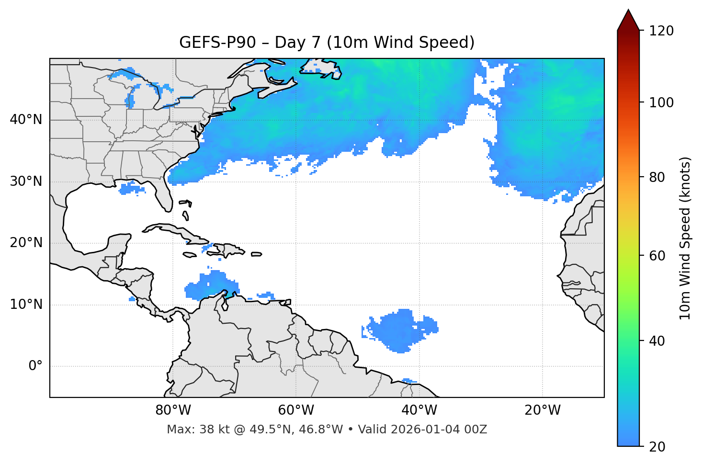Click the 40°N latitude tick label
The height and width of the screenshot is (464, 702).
click(26, 120)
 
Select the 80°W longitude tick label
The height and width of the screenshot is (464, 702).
click(173, 410)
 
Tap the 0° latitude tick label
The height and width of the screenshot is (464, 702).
click(35, 366)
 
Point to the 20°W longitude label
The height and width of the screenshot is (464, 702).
click(543, 410)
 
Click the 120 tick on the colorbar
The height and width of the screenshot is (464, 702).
click(661, 31)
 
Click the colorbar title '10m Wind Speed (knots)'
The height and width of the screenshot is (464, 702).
click(685, 238)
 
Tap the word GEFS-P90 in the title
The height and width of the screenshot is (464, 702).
click(211, 43)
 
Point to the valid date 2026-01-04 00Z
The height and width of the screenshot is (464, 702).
click(439, 430)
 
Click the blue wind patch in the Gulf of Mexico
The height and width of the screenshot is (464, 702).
click(131, 189)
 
